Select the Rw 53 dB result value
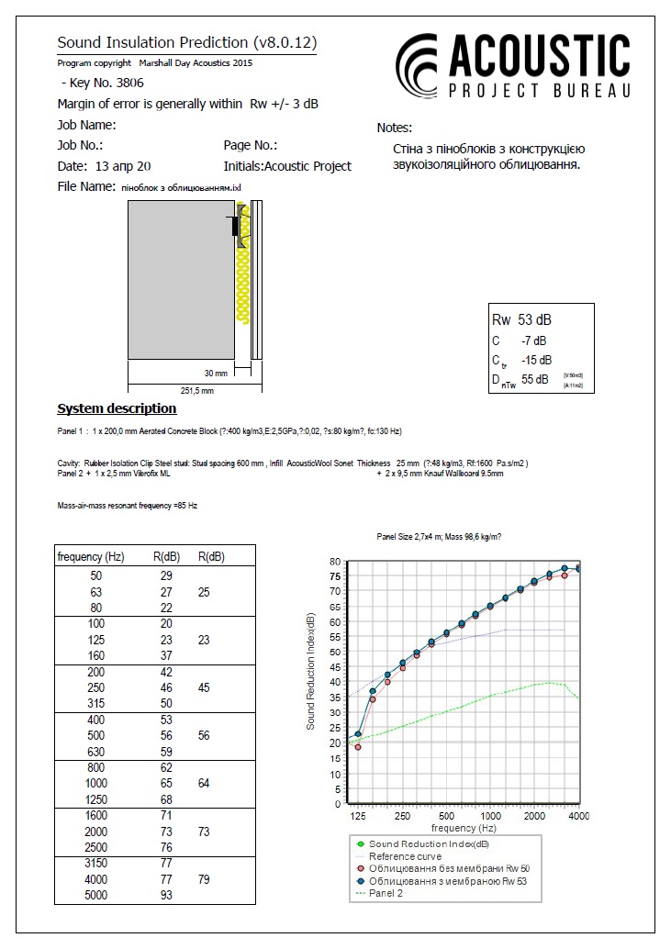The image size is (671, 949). (x=522, y=320)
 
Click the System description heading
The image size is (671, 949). (x=117, y=408)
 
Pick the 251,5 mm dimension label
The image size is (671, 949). (x=196, y=390)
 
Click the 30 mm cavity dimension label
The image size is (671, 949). (x=215, y=373)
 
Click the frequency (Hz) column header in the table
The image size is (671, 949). (x=91, y=557)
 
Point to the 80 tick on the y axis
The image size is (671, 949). (x=335, y=561)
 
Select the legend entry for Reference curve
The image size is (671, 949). (x=405, y=855)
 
